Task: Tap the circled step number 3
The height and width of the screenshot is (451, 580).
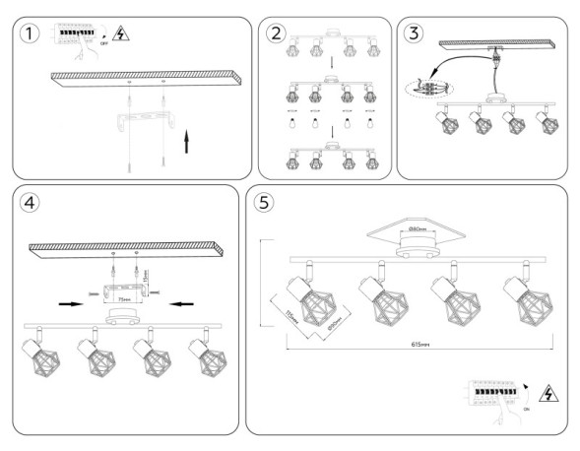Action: pyautogui.click(x=415, y=32)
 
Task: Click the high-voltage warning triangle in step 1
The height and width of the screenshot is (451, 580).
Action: pyautogui.click(x=121, y=34)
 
